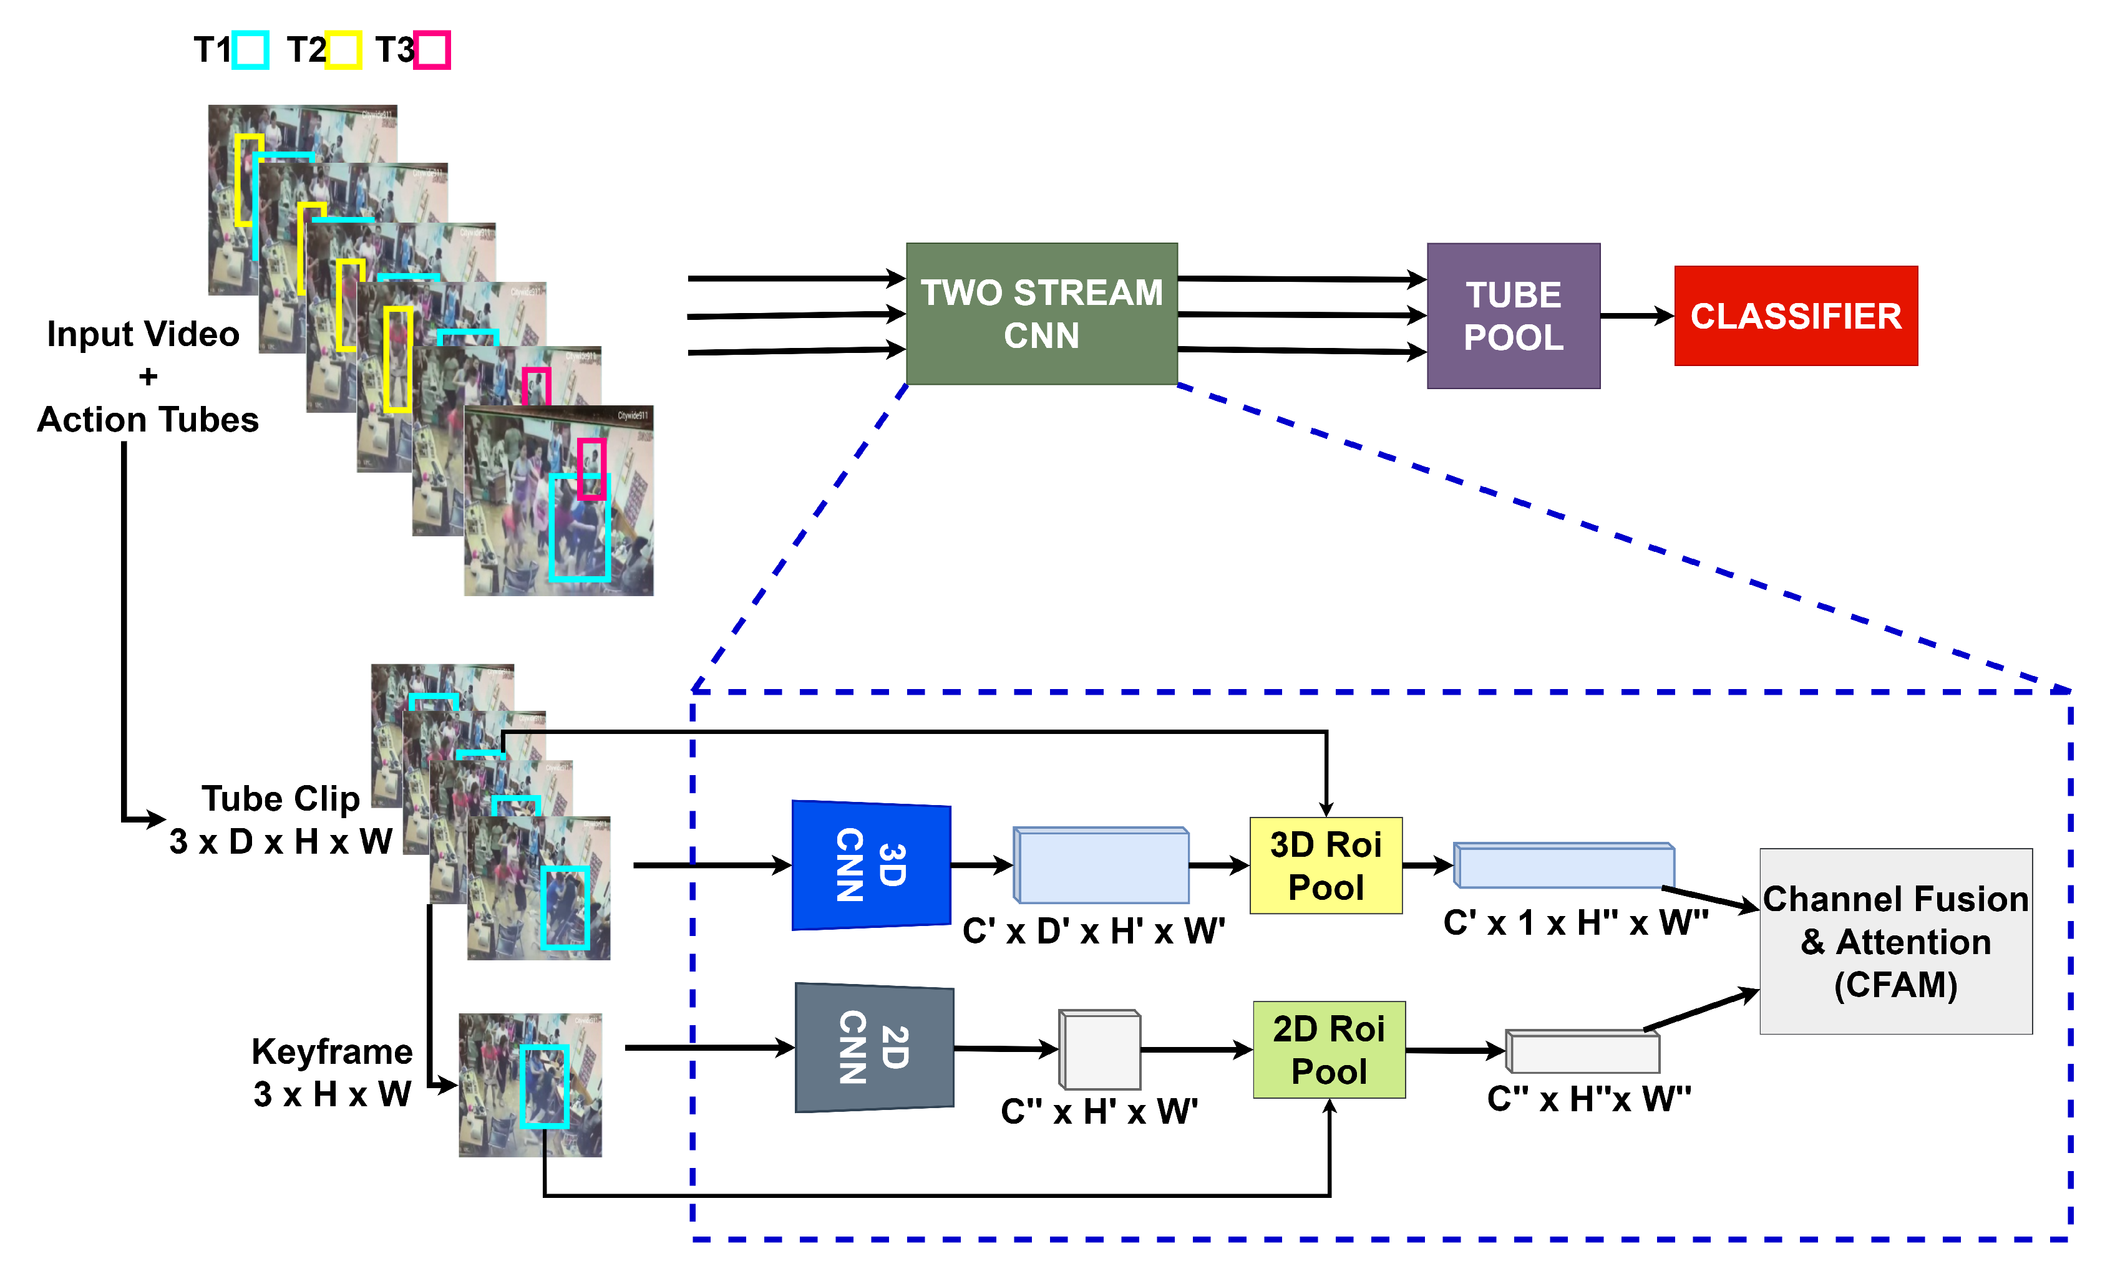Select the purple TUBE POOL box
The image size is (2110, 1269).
1512,316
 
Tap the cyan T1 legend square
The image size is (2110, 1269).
251,50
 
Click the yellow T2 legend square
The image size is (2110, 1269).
343,50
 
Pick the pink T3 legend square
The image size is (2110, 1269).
433,50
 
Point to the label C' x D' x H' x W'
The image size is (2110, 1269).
1092,930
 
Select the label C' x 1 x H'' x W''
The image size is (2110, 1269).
1575,923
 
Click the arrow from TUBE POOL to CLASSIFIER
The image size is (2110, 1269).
1635,316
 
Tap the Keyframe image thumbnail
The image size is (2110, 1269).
530,1084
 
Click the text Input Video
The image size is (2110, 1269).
143,334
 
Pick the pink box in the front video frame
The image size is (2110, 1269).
590,468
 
